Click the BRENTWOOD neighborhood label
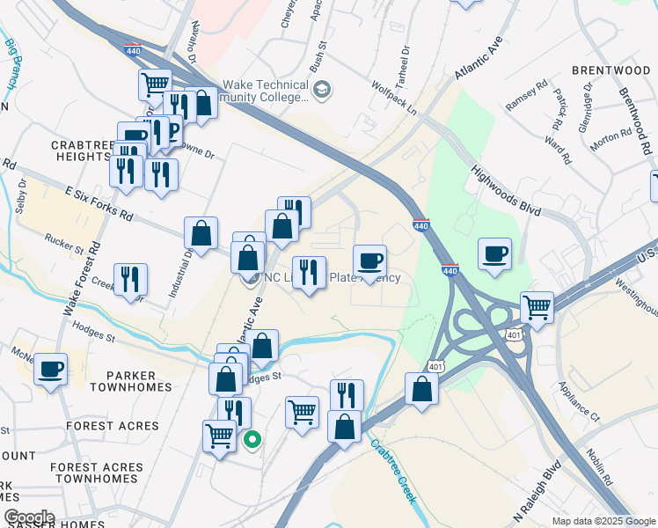pos(609,70)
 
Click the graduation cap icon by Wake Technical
pos(323,89)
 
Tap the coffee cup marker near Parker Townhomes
pos(51,369)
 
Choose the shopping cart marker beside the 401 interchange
pos(537,308)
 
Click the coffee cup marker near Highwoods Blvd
pos(495,253)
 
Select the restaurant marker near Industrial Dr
pos(130,279)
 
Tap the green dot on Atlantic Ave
pos(252,441)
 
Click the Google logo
pos(29,517)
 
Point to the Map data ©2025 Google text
pos(603,521)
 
